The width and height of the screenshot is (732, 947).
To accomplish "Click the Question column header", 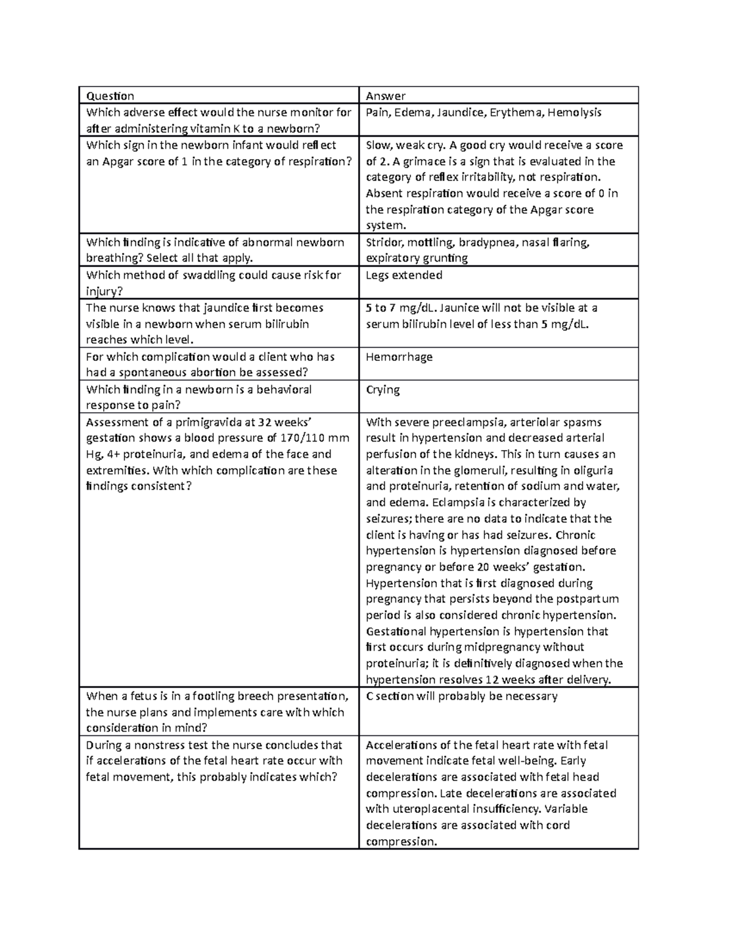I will pyautogui.click(x=110, y=96).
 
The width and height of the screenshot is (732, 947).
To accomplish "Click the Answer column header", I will pyautogui.click(x=386, y=96).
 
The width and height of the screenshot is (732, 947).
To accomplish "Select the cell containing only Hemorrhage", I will pyautogui.click(x=399, y=357).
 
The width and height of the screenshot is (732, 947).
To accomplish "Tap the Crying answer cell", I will pyautogui.click(x=382, y=390).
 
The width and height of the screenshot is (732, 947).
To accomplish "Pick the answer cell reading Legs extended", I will pyautogui.click(x=404, y=275).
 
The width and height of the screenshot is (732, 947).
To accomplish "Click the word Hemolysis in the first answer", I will pyautogui.click(x=574, y=112).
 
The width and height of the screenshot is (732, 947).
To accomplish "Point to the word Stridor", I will pyautogui.click(x=384, y=242).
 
